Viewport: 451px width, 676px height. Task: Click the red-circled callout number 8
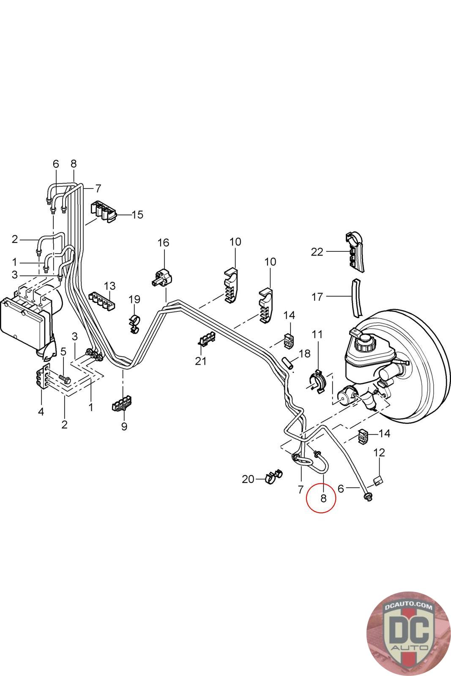323,498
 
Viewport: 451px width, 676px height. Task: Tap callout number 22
317,252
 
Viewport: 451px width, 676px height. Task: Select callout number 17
317,297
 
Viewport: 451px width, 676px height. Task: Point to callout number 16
163,243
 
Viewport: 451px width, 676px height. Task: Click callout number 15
137,215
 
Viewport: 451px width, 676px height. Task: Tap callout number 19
134,300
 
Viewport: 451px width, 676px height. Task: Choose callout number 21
201,361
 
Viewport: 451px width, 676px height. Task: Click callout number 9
124,426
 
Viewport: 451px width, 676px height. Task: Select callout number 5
63,352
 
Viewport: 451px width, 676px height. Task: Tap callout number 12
379,452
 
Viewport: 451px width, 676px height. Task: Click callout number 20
248,479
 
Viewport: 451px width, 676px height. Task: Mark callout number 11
317,335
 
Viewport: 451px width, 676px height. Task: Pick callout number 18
304,353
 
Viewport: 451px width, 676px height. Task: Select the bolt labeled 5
64,378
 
